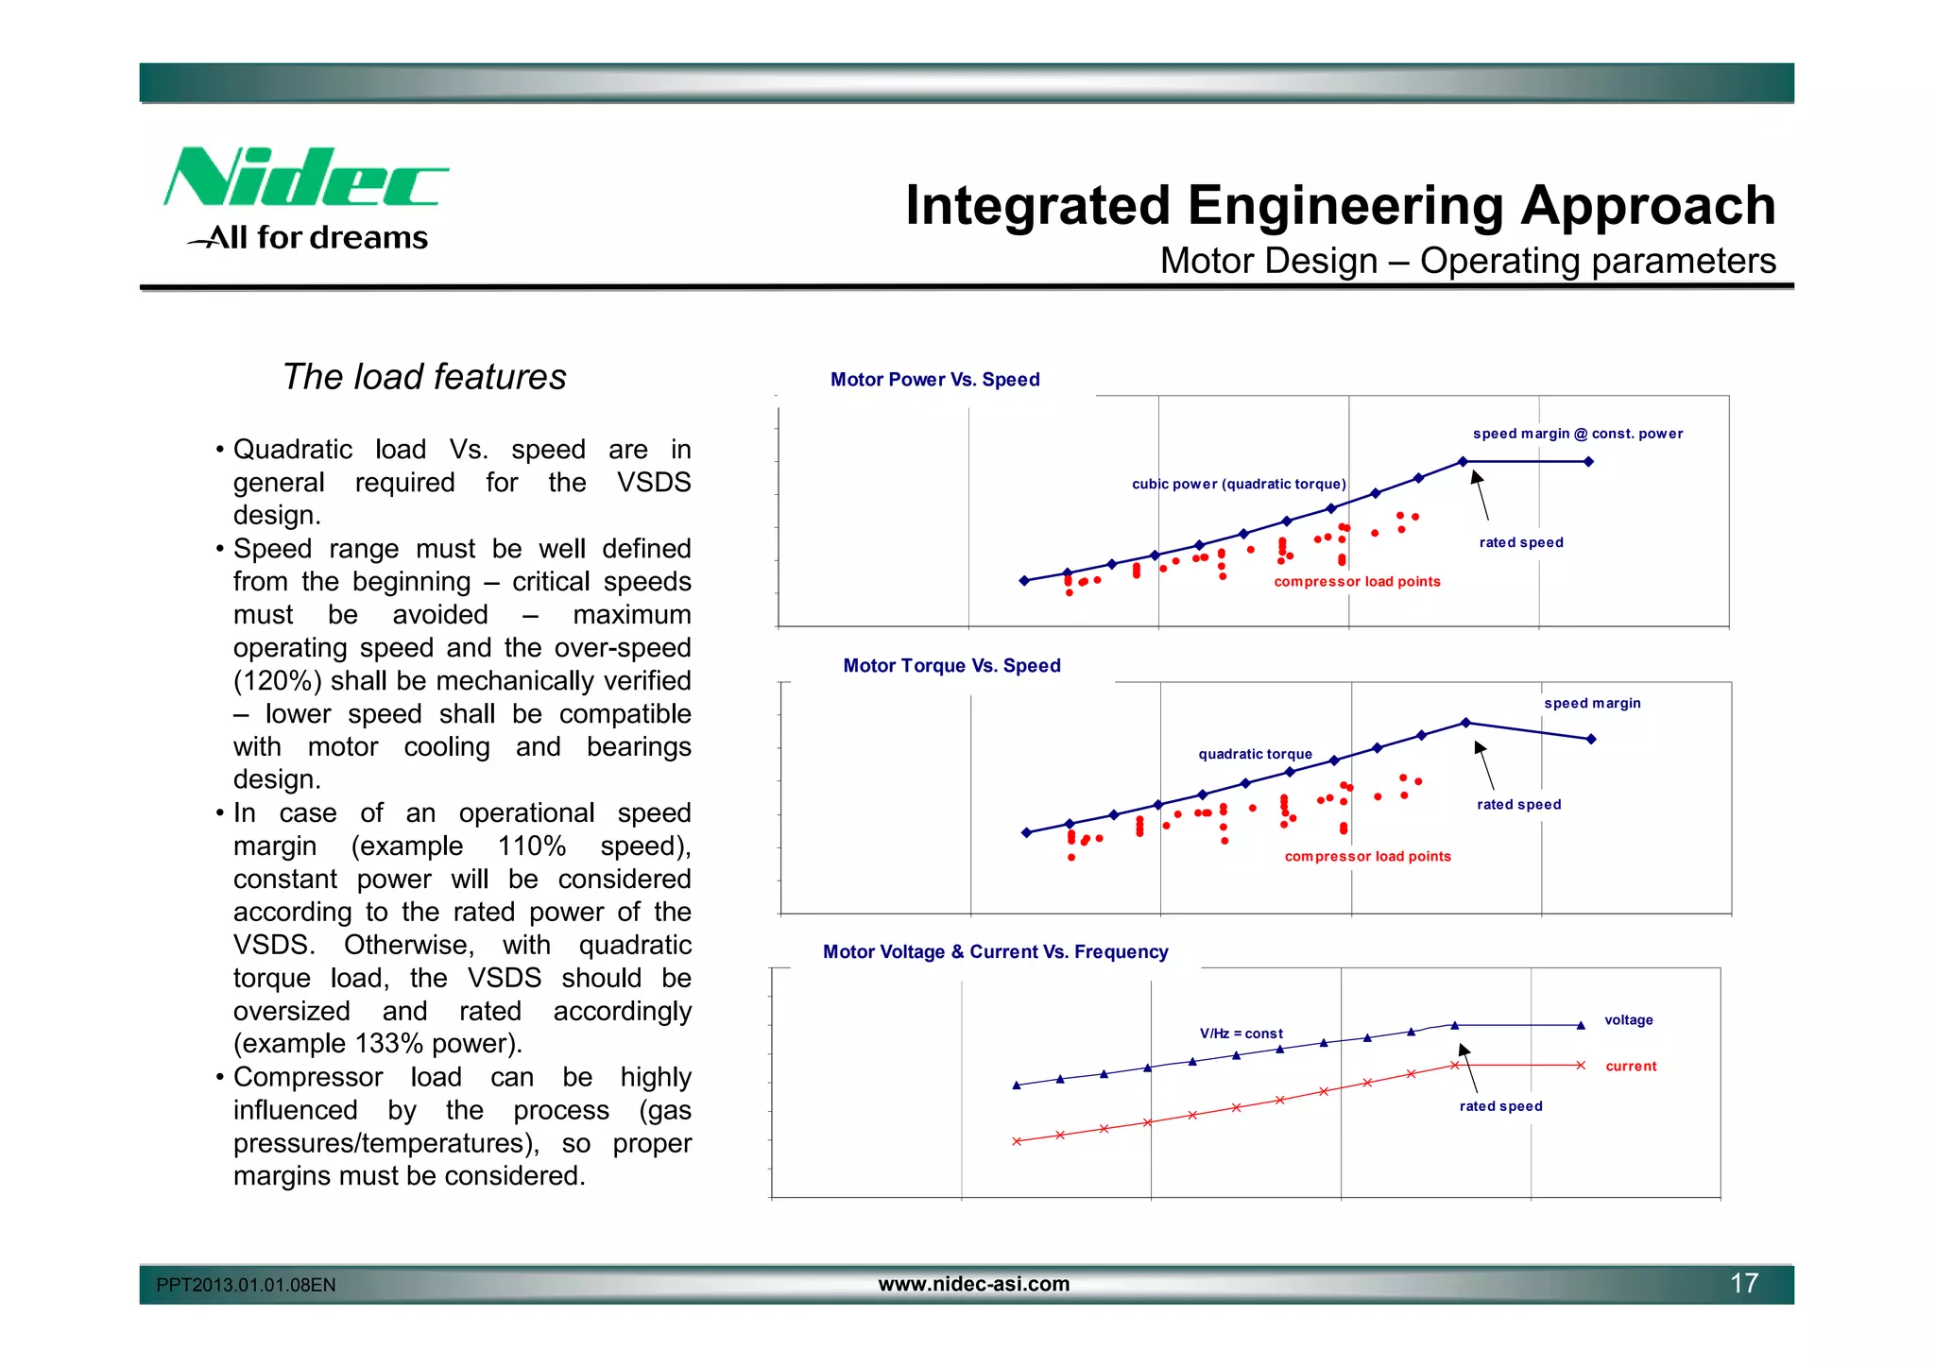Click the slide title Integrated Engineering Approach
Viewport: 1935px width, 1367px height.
pyautogui.click(x=1340, y=205)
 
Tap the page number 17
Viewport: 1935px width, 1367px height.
pyautogui.click(x=1743, y=1283)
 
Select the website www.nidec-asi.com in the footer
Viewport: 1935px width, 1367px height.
pyautogui.click(x=973, y=1284)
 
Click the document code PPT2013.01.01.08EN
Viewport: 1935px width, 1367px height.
pyautogui.click(x=246, y=1285)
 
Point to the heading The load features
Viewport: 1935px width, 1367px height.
pyautogui.click(x=424, y=377)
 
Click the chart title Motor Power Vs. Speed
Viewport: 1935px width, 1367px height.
pyautogui.click(x=934, y=380)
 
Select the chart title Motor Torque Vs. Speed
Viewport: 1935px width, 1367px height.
pyautogui.click(x=951, y=666)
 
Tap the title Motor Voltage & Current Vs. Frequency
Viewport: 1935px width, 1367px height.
pyautogui.click(x=995, y=952)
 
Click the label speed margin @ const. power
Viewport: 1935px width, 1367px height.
pyautogui.click(x=1577, y=434)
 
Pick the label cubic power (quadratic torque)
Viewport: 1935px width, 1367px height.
pyautogui.click(x=1239, y=484)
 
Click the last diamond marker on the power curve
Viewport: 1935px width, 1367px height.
pyautogui.click(x=1588, y=462)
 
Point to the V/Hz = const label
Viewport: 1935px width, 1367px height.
pyautogui.click(x=1241, y=1034)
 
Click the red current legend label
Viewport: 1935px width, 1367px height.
pyautogui.click(x=1631, y=1067)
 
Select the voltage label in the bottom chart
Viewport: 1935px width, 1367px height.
pyautogui.click(x=1628, y=1020)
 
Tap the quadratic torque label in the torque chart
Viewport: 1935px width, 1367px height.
pyautogui.click(x=1255, y=754)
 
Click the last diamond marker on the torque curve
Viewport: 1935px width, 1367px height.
pyautogui.click(x=1591, y=739)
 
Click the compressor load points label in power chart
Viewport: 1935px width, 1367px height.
pyautogui.click(x=1357, y=582)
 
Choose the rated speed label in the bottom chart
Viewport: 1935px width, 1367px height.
pyautogui.click(x=1500, y=1106)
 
